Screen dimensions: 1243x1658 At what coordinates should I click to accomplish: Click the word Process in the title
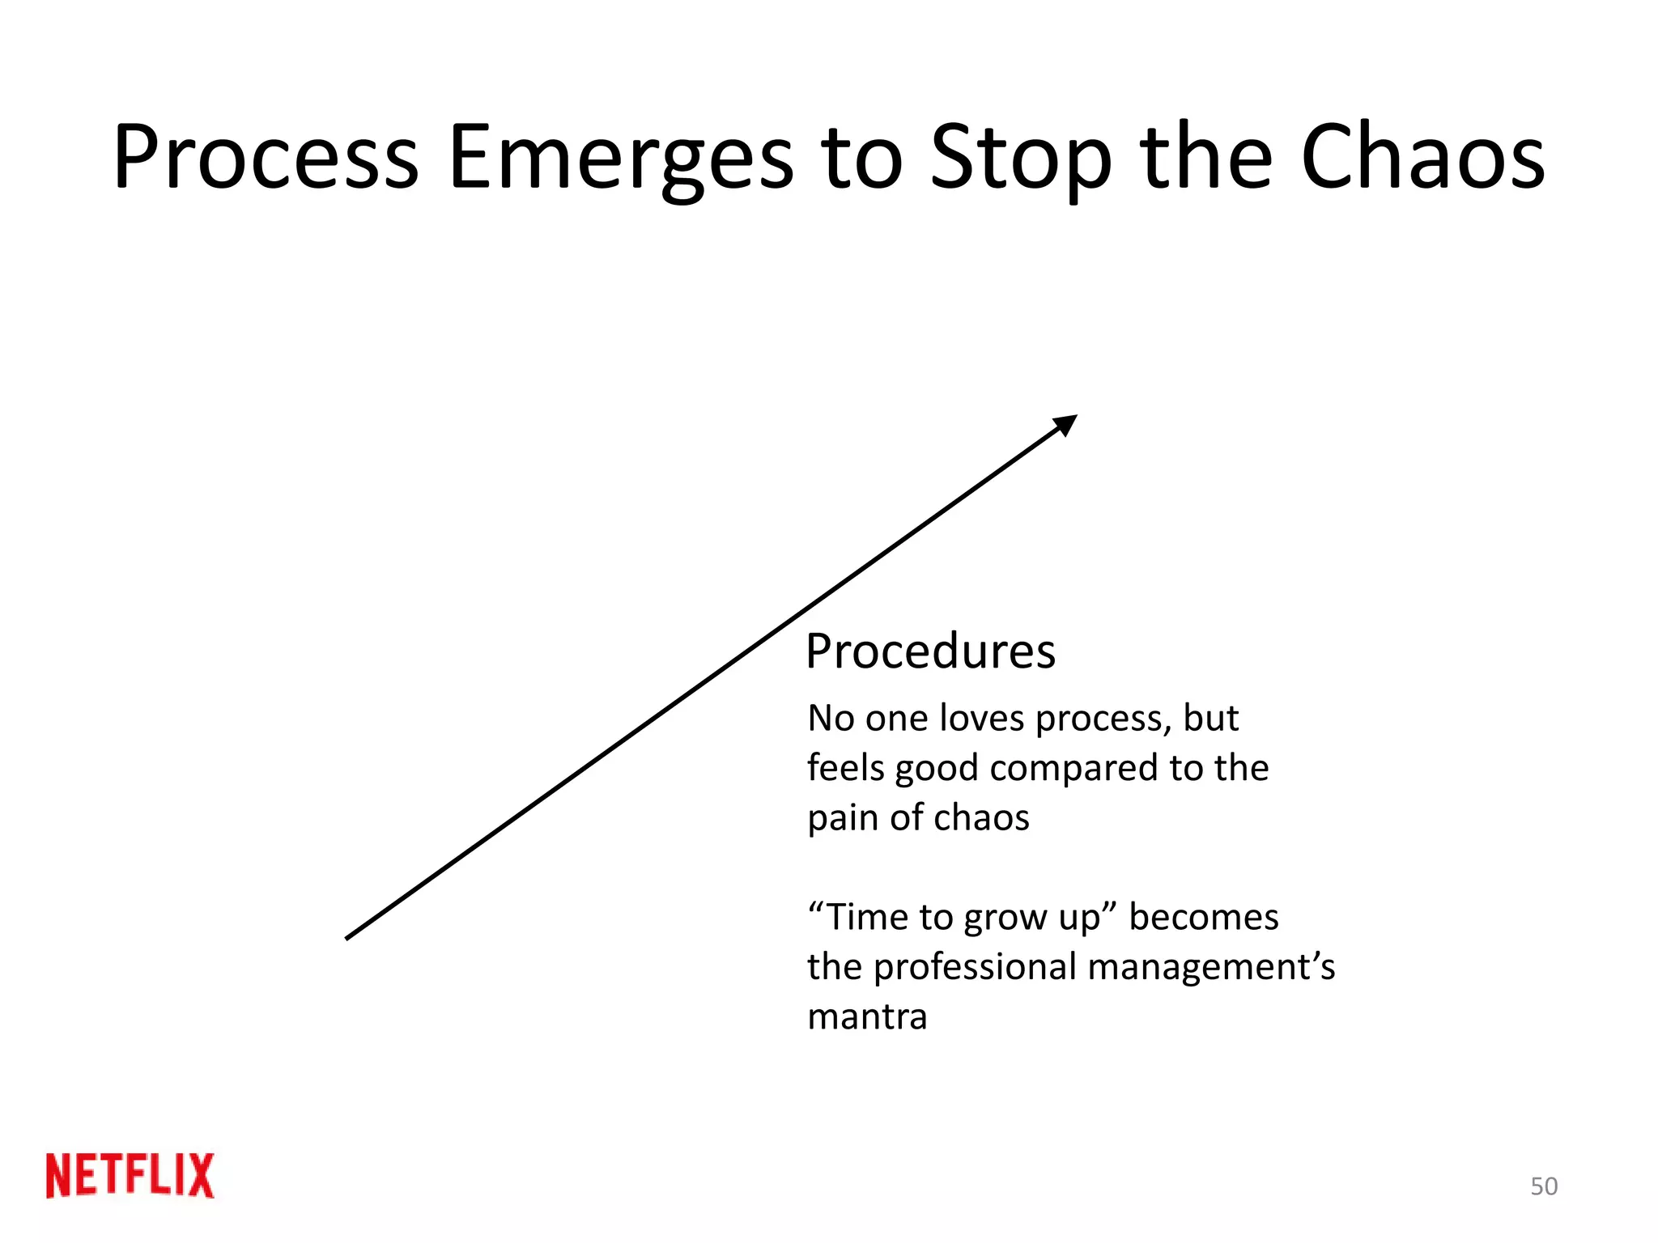(266, 157)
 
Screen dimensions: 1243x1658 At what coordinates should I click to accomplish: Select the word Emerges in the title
(621, 159)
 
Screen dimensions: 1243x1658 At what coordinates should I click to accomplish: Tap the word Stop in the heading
(1021, 159)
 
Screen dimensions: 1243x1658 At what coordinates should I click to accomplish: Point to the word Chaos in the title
(1422, 157)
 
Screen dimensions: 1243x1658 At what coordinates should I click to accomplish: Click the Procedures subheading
(930, 651)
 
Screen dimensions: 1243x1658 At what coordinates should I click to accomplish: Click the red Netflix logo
(130, 1175)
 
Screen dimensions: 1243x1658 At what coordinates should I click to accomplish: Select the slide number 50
(1544, 1186)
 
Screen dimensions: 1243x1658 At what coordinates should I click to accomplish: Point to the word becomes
(1204, 918)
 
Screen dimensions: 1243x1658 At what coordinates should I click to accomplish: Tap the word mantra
(867, 1017)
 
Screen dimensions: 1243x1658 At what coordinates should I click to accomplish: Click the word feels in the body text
(845, 768)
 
